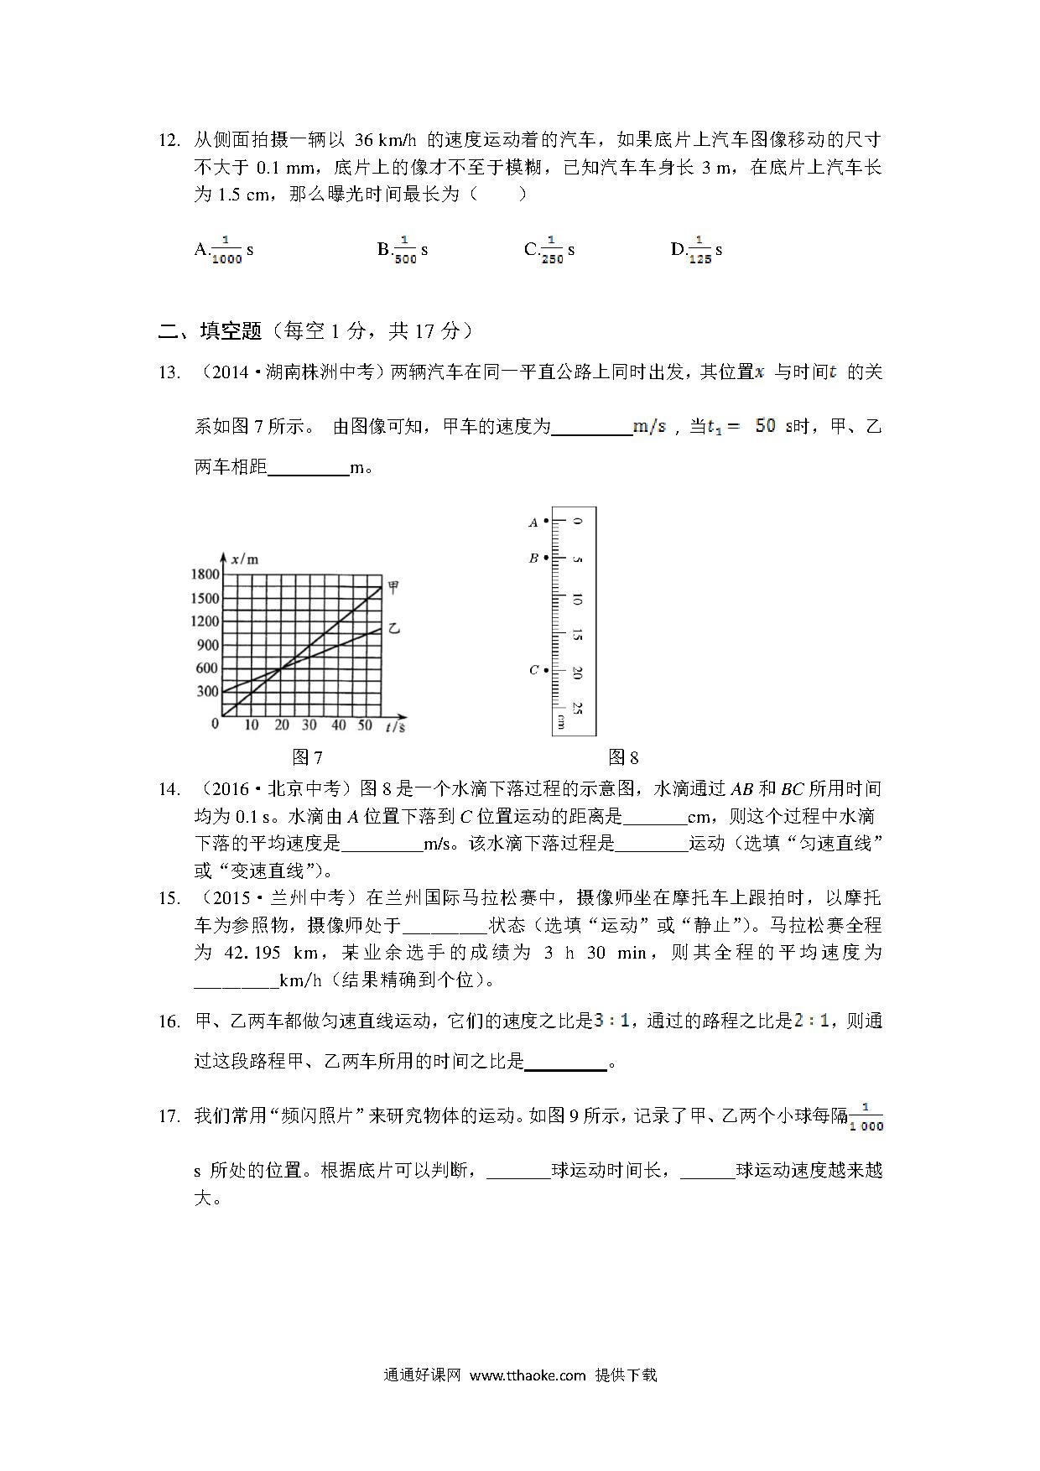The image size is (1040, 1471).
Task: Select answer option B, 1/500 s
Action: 403,250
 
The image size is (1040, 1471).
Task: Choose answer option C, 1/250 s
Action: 549,250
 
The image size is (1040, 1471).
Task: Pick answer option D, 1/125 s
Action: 696,250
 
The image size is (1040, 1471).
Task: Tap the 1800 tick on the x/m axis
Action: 205,574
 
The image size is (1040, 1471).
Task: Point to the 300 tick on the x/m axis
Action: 207,692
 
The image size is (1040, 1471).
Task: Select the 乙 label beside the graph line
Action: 393,628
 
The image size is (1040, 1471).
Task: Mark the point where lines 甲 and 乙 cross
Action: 280,668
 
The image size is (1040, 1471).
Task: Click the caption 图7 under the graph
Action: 307,758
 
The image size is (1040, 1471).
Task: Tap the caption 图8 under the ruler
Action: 623,758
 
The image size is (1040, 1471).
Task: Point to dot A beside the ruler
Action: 546,522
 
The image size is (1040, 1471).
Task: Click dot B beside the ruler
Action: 546,558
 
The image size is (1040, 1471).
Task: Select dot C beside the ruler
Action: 546,670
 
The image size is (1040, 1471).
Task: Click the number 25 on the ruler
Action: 577,708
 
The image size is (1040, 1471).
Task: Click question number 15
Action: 169,898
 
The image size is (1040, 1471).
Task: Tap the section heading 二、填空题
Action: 210,331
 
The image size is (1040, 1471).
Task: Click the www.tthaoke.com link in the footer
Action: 527,1375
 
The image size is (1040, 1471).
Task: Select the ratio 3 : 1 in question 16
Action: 611,1021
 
